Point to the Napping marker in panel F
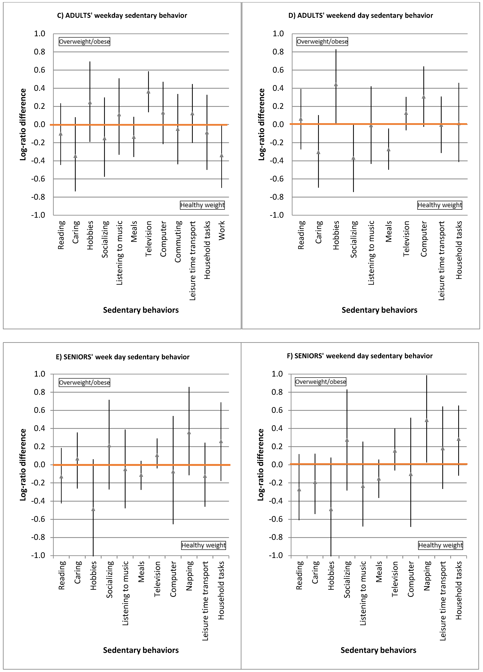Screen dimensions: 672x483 coord(427,420)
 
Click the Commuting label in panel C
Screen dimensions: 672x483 coord(178,241)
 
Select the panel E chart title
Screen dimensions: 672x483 coord(123,357)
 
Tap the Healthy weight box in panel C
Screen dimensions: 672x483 coord(202,205)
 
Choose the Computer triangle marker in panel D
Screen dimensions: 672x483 coord(423,97)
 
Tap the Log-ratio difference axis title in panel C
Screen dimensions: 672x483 coord(23,124)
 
